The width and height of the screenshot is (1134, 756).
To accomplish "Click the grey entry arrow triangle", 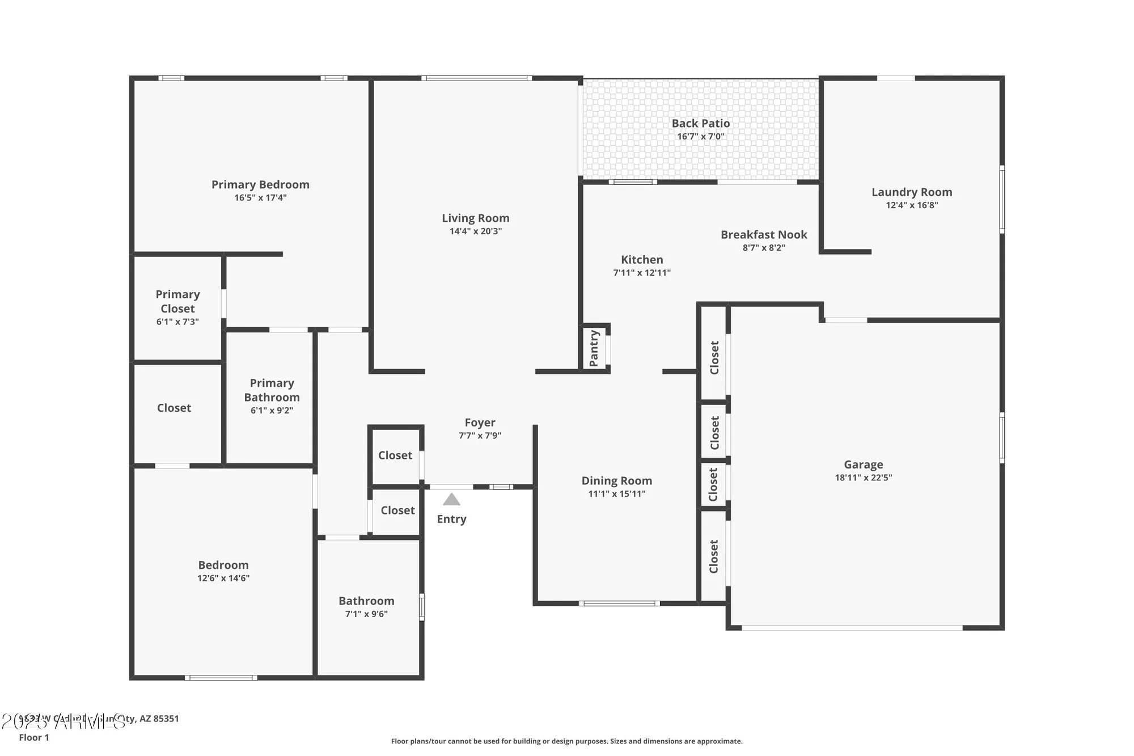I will click(x=451, y=500).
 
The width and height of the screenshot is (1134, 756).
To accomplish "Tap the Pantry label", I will click(x=594, y=348).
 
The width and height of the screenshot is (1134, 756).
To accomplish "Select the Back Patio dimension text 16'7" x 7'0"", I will click(x=700, y=137).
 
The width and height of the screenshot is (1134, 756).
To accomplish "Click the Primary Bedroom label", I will click(x=260, y=184).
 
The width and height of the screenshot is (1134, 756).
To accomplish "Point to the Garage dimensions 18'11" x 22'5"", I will click(x=863, y=478).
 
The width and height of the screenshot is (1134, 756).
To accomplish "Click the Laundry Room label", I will click(x=911, y=192).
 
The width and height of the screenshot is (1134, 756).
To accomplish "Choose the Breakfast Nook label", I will click(x=763, y=234).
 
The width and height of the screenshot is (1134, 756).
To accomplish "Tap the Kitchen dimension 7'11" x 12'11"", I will click(x=641, y=273).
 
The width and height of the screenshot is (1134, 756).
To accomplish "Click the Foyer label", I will click(x=480, y=423).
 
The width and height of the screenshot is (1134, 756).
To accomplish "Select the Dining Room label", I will click(x=616, y=480).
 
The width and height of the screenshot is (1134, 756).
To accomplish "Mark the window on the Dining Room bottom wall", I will click(x=619, y=603).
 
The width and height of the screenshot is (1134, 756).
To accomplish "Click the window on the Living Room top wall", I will click(x=476, y=78).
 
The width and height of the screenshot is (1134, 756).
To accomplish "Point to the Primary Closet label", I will click(x=177, y=301).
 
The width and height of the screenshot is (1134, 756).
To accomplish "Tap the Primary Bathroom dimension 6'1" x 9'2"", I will click(x=272, y=411).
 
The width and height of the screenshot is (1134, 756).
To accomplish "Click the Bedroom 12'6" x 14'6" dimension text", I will click(x=223, y=578).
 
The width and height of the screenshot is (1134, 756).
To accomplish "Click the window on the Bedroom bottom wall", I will click(x=221, y=678).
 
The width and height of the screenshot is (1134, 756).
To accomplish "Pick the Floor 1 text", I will click(x=34, y=737).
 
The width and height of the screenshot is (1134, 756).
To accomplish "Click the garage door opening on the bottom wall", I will click(x=852, y=628).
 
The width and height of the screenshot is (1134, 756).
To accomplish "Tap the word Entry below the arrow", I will click(x=451, y=519).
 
